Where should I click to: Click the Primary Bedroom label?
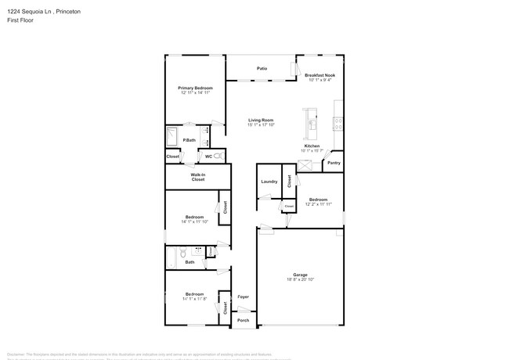pos(195,88)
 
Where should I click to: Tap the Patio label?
pos(262,69)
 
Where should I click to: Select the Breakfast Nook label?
pos(319,75)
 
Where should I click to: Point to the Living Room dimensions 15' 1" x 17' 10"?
pos(261,124)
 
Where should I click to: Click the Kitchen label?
pos(312,146)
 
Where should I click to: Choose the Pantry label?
pos(334,163)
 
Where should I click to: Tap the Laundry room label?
pos(269,182)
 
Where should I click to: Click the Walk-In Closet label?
pos(198,177)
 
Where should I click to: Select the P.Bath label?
pos(189,140)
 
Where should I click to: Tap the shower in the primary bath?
pos(173,138)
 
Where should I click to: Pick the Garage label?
pos(300,274)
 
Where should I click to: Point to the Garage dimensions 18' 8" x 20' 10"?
pos(300,279)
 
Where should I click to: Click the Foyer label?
pos(244,297)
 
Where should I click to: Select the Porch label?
pos(244,320)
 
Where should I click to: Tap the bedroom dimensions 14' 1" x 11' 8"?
pos(195,299)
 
